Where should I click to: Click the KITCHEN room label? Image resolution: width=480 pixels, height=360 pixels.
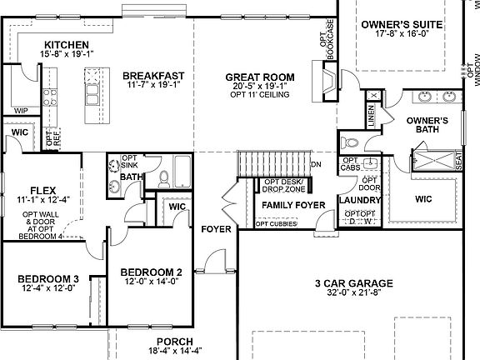[x=67, y=44]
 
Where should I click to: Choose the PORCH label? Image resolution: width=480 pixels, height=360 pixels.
[x=175, y=342]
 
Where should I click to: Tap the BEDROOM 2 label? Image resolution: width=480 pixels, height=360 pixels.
[x=151, y=272]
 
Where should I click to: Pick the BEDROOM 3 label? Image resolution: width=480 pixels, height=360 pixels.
[x=48, y=278]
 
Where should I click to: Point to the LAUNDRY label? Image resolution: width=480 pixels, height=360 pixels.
[x=359, y=200]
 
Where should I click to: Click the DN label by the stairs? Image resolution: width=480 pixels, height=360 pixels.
[x=316, y=164]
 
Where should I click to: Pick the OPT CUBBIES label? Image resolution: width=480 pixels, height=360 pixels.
[x=274, y=223]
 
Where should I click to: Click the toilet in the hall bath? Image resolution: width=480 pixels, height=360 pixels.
[x=164, y=177]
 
